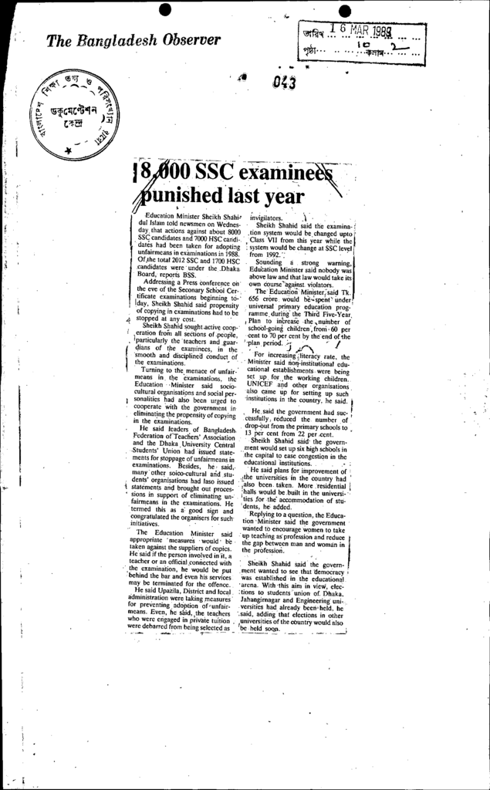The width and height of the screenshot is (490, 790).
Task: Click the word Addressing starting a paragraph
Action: (166, 282)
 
